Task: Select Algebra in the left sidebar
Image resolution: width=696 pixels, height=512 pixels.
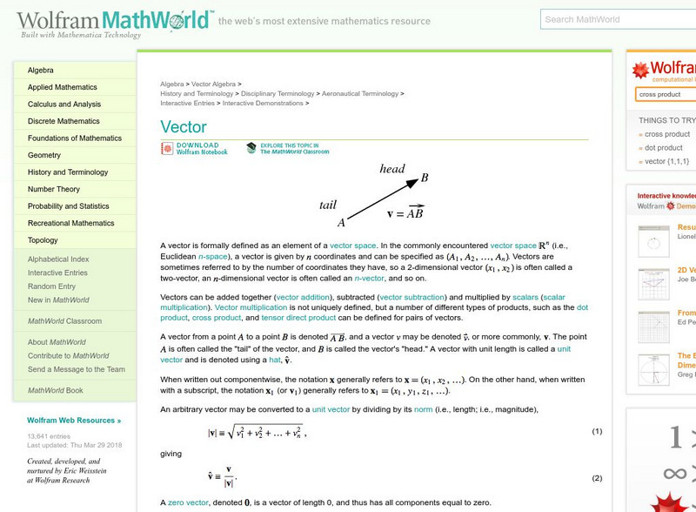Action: (x=41, y=70)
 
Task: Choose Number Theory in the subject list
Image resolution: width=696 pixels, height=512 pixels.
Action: (x=54, y=189)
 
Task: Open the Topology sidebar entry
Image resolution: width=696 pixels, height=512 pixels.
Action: (x=43, y=240)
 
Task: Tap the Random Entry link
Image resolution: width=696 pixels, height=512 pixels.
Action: (x=51, y=286)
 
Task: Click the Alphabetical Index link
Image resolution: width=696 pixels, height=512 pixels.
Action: (x=58, y=259)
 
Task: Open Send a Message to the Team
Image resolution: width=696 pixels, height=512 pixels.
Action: (x=76, y=369)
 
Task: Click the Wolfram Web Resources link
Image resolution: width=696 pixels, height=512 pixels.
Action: (x=74, y=420)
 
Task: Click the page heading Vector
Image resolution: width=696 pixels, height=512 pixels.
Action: (x=184, y=125)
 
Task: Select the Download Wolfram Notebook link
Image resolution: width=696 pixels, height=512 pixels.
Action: (x=201, y=149)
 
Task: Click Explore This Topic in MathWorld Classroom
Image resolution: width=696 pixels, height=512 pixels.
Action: (x=294, y=149)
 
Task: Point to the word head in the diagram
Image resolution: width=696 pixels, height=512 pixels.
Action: (x=392, y=169)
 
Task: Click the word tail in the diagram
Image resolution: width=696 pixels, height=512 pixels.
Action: (x=328, y=205)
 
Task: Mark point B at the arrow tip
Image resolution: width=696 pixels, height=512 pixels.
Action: (x=424, y=179)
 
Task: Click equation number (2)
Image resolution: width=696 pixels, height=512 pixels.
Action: (x=597, y=478)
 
